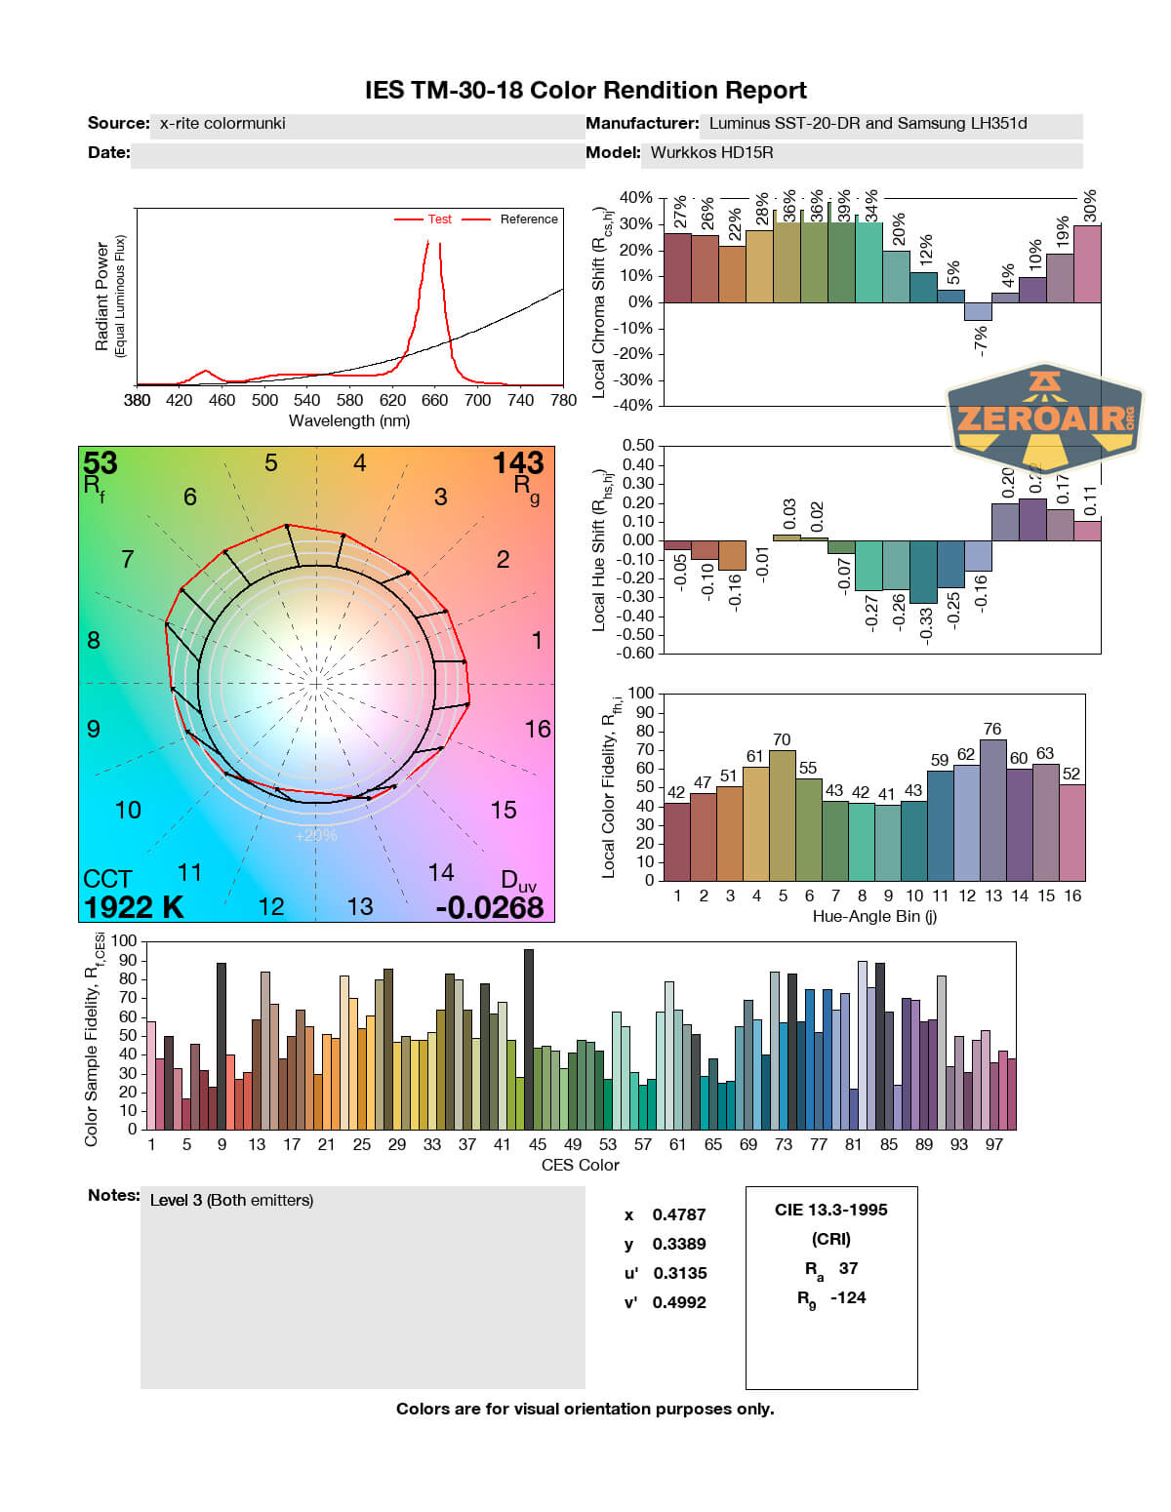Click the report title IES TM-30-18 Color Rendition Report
point(585,91)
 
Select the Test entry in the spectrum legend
point(439,219)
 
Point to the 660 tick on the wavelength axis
point(434,400)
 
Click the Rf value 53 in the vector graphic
point(101,462)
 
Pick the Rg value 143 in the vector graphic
point(517,462)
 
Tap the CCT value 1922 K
point(134,907)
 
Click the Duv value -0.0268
point(490,907)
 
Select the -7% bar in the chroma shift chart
point(978,311)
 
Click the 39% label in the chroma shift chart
point(844,207)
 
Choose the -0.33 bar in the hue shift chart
point(923,572)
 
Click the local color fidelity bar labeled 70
point(783,815)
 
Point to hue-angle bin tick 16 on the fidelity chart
point(1072,895)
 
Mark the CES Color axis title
point(580,1165)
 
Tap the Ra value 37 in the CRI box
point(848,1268)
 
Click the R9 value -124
point(848,1297)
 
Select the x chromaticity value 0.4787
point(679,1214)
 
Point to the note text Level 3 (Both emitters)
point(231,1200)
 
